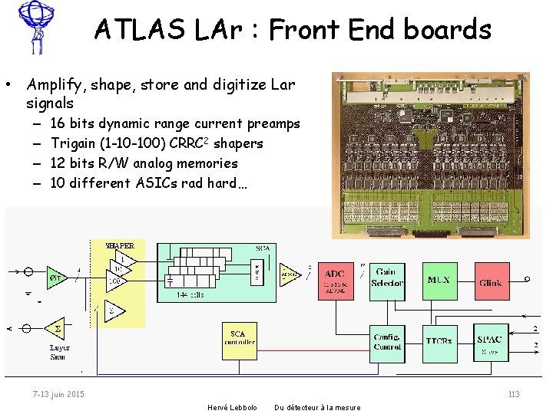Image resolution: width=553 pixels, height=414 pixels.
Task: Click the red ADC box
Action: (335, 281)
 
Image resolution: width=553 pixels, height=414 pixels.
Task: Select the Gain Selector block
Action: (386, 281)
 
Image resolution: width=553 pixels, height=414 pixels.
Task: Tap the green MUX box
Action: (439, 281)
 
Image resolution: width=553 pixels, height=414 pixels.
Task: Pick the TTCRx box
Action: (439, 340)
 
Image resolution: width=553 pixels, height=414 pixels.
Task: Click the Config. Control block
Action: (386, 341)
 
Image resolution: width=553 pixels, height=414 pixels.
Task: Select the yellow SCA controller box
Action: (239, 338)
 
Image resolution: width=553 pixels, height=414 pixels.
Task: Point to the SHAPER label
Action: (120, 245)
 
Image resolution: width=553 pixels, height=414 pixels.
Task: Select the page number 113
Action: (514, 394)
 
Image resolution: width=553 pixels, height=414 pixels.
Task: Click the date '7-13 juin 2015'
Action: (59, 394)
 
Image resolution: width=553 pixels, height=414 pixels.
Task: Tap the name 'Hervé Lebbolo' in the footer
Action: (233, 407)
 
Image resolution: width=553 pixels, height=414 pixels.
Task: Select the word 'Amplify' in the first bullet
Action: (54, 84)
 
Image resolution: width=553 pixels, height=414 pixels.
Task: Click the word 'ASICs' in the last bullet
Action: (158, 182)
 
